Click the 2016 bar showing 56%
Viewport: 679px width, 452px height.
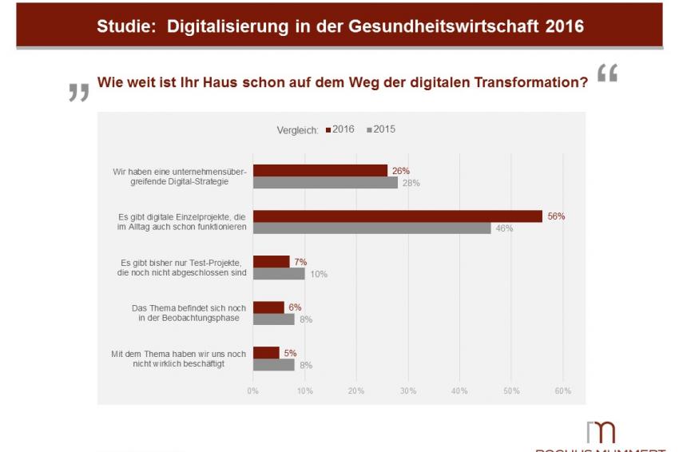click(x=397, y=216)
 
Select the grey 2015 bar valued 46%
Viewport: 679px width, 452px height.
click(x=371, y=228)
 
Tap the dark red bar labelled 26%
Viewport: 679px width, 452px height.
click(x=320, y=170)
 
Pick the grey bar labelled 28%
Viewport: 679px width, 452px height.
click(x=325, y=182)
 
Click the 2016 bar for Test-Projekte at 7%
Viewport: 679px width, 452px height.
click(x=271, y=261)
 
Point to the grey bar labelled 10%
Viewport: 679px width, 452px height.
click(x=279, y=273)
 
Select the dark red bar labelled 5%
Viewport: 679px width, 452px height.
click(x=266, y=352)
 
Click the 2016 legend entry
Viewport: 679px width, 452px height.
click(x=340, y=129)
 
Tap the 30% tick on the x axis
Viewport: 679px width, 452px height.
click(x=407, y=391)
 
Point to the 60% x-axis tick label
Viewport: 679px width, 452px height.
click(x=562, y=391)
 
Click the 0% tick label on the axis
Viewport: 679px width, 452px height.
click(x=252, y=391)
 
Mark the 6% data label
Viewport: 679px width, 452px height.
click(x=295, y=307)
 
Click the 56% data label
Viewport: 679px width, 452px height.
click(x=555, y=216)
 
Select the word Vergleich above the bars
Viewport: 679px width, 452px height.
click(x=297, y=130)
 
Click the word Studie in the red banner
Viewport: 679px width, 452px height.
click(x=126, y=26)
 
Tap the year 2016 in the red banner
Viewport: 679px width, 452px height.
click(x=564, y=26)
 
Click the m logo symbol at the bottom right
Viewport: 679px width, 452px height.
click(x=601, y=431)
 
